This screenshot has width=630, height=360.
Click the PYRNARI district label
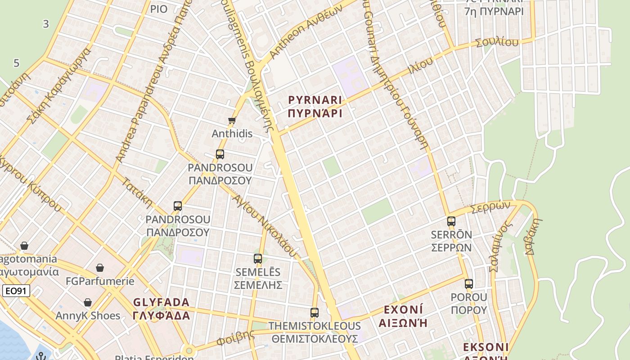315,106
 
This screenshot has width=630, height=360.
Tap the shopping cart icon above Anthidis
232,120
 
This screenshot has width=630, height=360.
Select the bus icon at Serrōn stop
451,221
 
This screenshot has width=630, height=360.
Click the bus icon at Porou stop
469,284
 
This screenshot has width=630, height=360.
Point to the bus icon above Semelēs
258,259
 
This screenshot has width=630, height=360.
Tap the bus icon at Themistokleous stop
315,312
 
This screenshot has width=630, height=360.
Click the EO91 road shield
16,291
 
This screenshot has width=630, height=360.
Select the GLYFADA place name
162,308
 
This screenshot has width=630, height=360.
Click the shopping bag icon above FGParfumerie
100,268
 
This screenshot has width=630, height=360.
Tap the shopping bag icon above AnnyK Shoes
88,302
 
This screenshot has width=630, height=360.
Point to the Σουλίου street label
497,43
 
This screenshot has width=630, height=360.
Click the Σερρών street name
490,208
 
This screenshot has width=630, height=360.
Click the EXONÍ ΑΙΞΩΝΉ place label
403,316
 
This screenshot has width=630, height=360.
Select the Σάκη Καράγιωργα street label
59,85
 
